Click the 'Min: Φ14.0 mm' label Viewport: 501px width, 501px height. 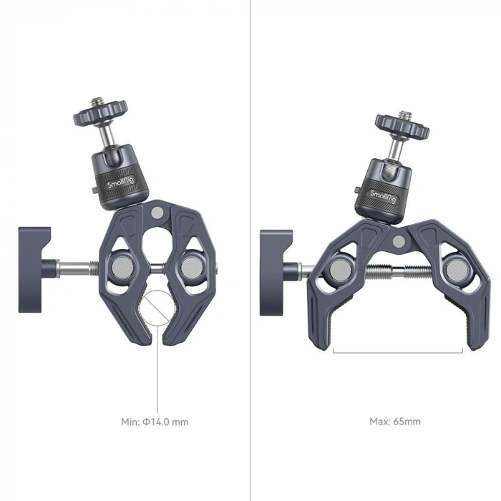(154, 422)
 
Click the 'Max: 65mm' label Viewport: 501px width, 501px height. (394, 422)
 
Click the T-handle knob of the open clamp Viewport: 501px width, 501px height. (276, 270)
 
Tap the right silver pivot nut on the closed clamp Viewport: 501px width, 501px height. (191, 268)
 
